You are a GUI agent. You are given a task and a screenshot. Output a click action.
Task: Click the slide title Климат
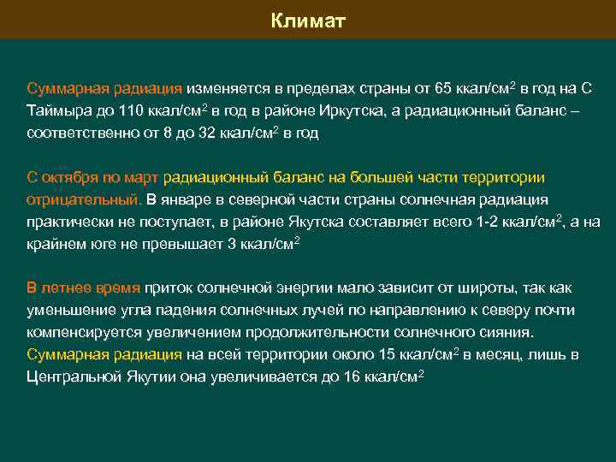point(308,21)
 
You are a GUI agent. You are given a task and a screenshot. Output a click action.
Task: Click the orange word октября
point(70,177)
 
